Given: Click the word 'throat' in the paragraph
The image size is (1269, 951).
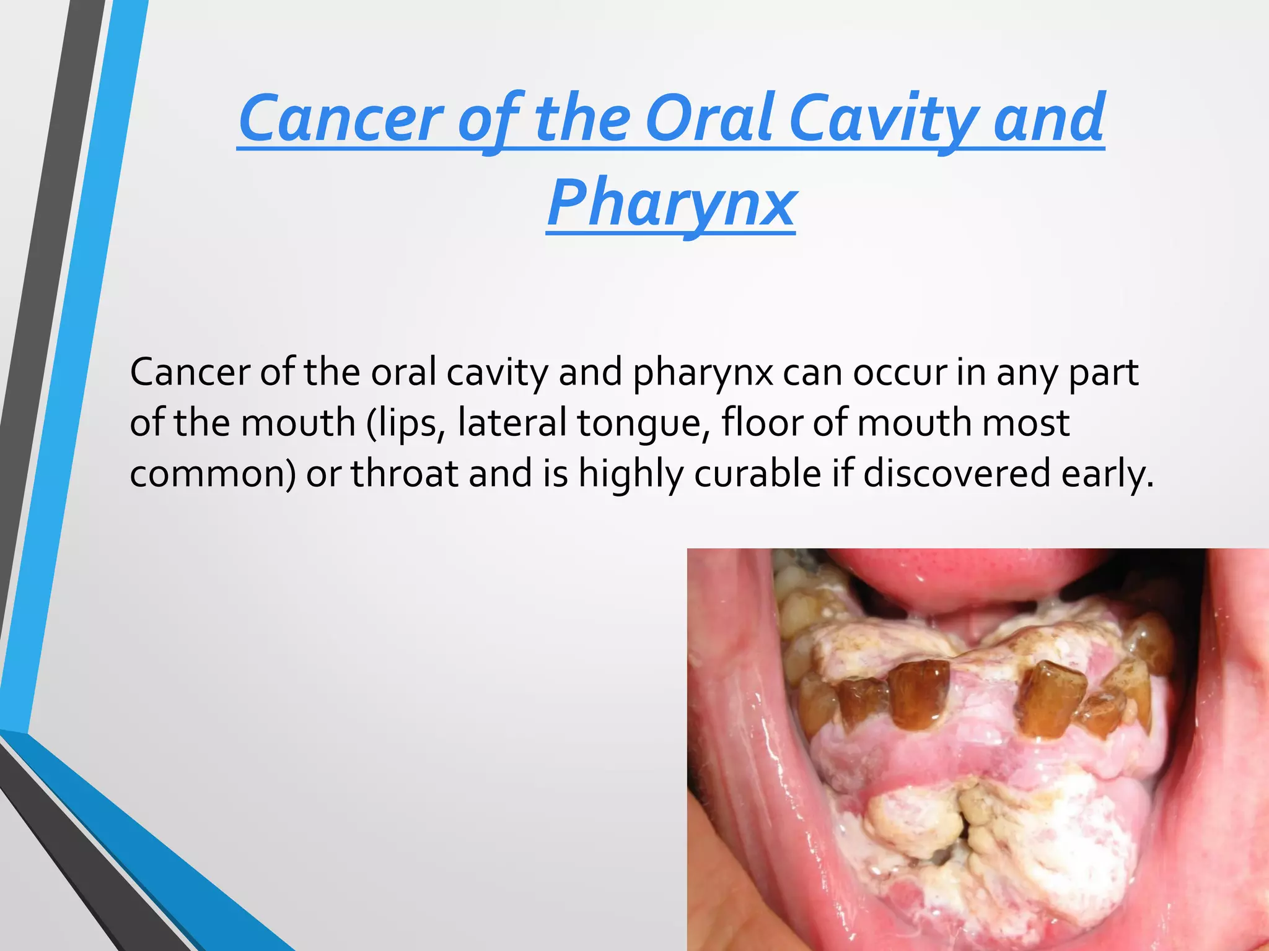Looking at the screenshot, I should tap(405, 474).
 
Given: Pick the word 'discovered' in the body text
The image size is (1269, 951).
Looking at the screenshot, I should tap(957, 474).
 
